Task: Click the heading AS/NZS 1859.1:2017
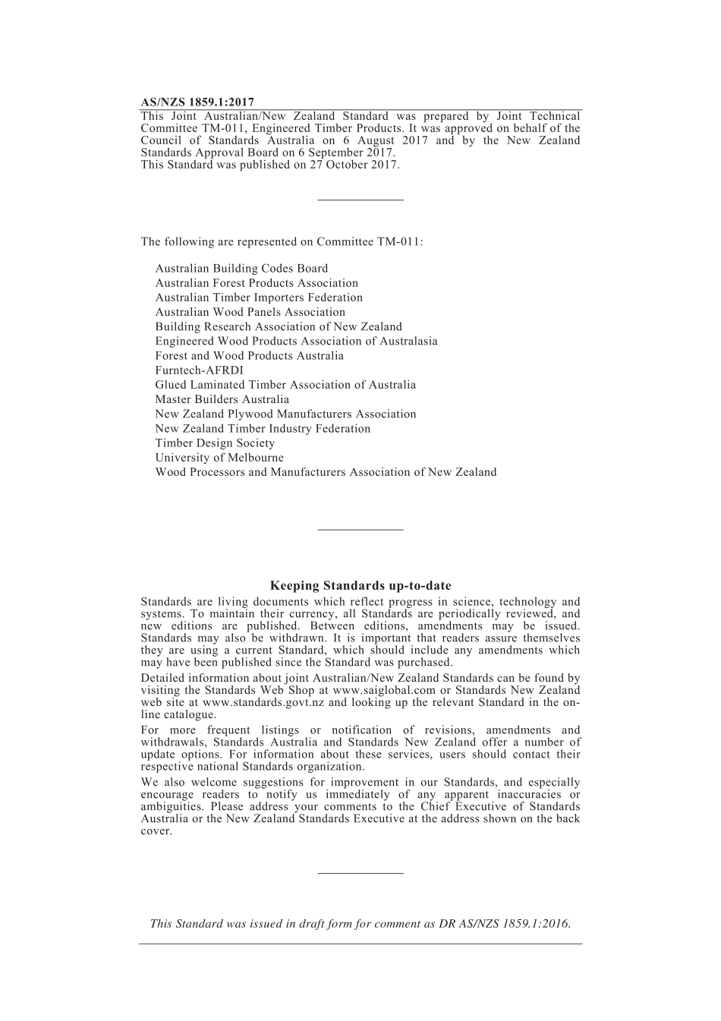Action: point(197,102)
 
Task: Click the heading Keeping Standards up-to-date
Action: point(360,585)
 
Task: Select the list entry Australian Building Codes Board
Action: point(241,268)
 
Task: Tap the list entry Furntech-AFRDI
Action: point(199,370)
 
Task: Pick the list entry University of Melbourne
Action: point(219,457)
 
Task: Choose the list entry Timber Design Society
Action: point(215,443)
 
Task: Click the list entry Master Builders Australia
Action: point(222,399)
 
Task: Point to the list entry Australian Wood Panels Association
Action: point(250,311)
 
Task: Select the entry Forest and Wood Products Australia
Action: point(249,355)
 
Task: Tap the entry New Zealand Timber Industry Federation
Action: point(263,428)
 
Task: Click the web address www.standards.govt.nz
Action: point(263,702)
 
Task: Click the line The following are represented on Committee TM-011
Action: point(282,241)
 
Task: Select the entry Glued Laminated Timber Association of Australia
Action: point(285,384)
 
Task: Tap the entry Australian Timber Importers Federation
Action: point(259,297)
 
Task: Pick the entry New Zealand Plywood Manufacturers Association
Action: point(285,414)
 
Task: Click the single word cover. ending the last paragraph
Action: point(156,830)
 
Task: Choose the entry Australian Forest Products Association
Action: point(257,282)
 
